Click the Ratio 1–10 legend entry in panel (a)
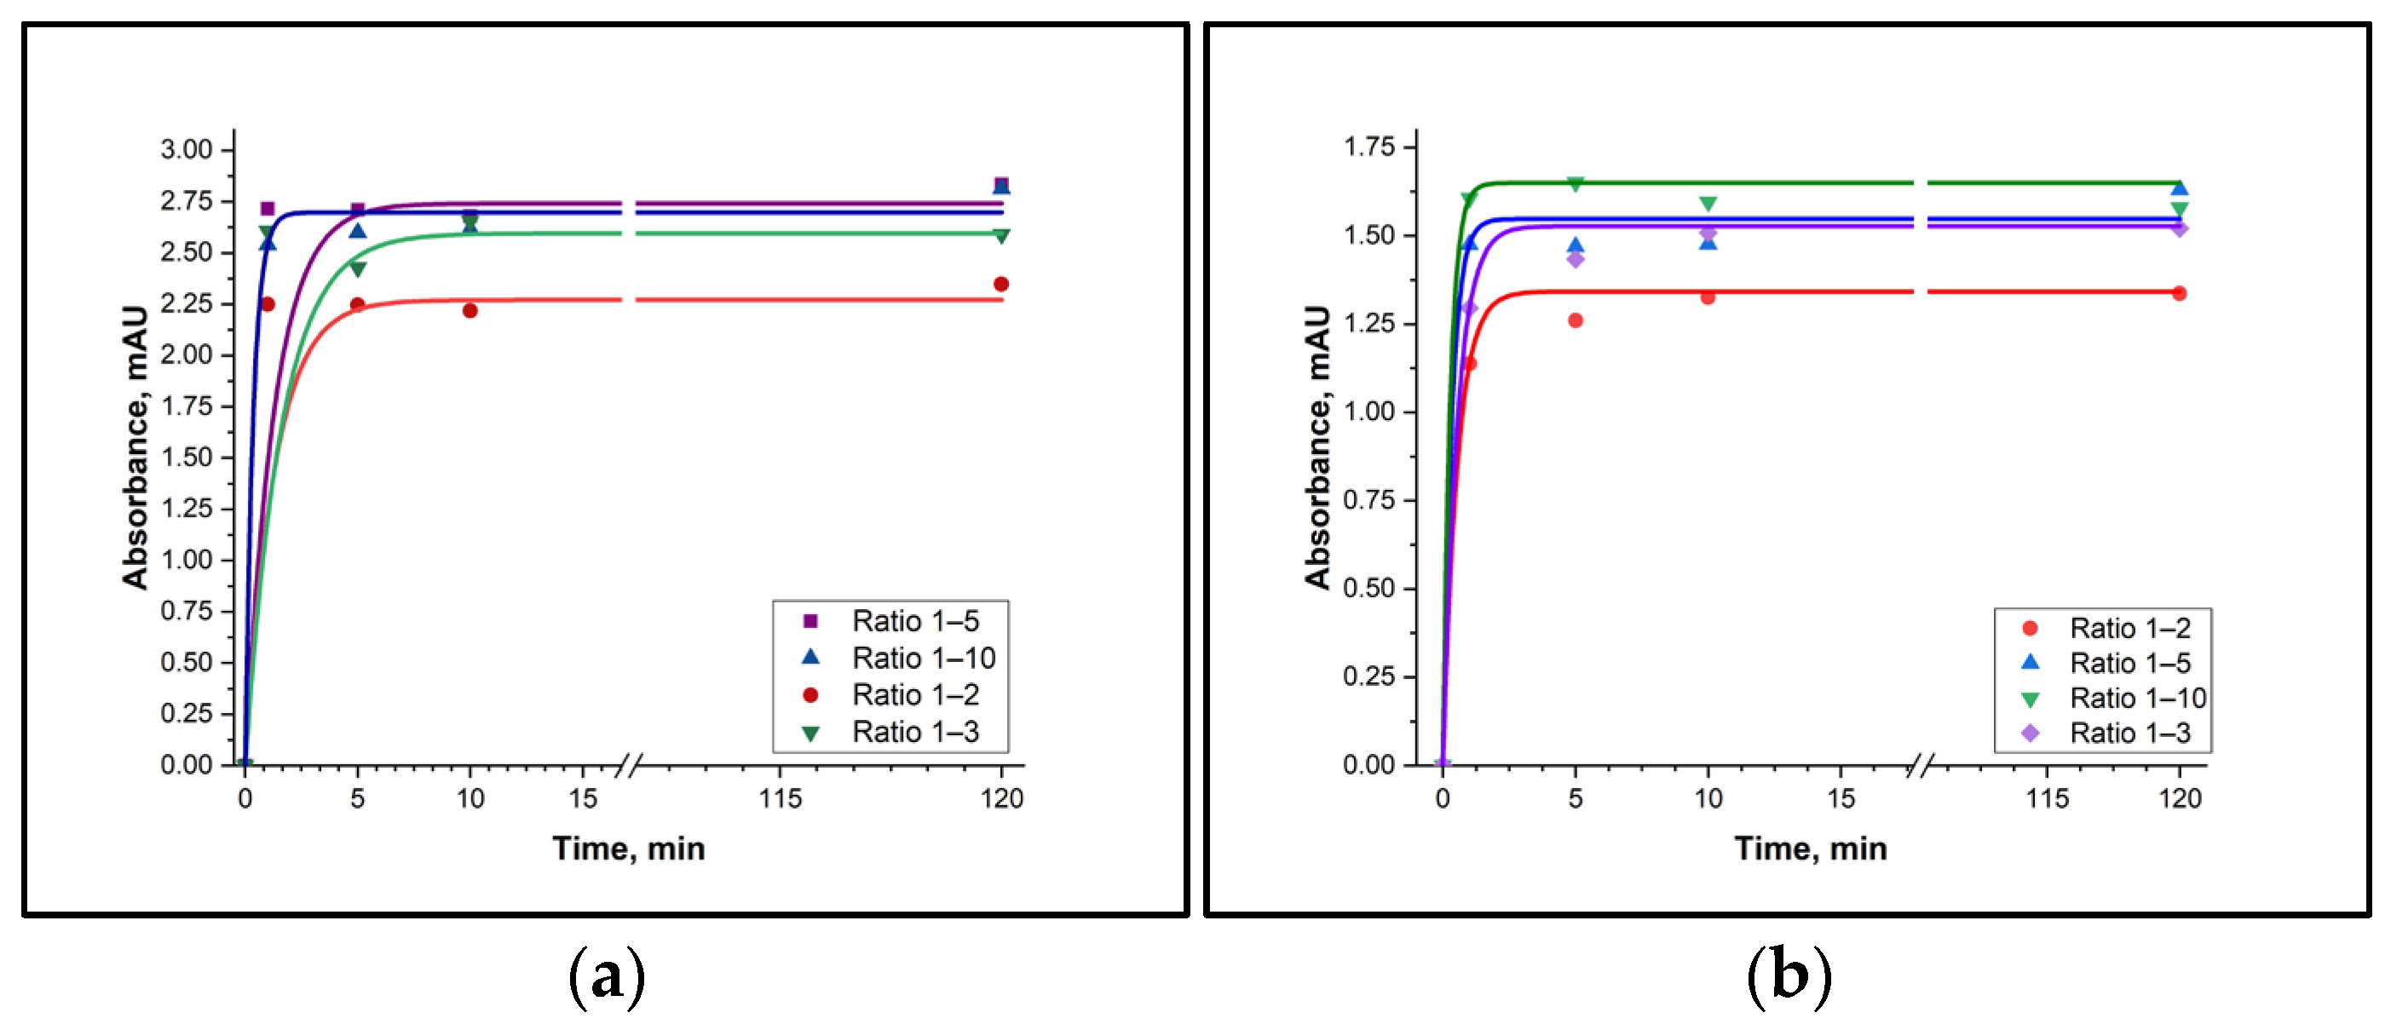pos(923,658)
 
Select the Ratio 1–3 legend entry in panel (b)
pos(2129,733)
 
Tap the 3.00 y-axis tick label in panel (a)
pos(186,149)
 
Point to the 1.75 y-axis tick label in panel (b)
pos(1369,147)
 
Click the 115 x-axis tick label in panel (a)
pos(780,798)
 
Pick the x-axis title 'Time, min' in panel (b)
pos(1810,849)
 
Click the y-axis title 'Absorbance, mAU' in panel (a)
pos(135,447)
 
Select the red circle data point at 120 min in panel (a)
pos(1000,284)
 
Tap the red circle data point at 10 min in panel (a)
pos(470,311)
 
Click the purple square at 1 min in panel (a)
pos(268,209)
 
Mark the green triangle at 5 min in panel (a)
pos(357,269)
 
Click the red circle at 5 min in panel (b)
pos(1576,320)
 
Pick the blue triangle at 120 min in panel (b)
pos(2180,188)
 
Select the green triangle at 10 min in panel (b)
pos(1708,204)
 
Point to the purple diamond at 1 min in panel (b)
pos(1468,309)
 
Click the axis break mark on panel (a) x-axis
pos(630,766)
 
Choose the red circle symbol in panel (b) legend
pos(2030,628)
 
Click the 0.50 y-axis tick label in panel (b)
pos(1369,589)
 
